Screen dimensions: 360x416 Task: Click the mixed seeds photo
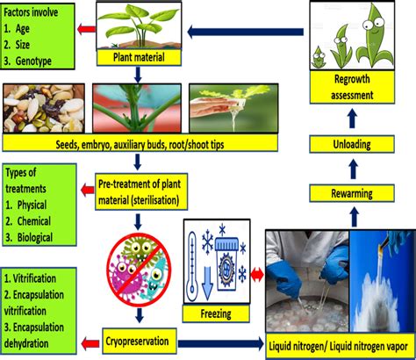[44, 109]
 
